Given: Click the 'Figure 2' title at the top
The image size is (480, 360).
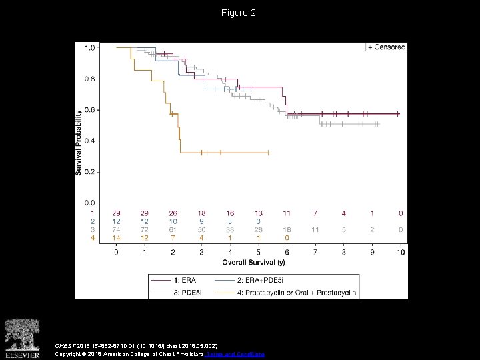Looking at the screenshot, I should tap(239, 13).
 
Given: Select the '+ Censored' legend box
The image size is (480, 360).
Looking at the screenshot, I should tap(386, 47).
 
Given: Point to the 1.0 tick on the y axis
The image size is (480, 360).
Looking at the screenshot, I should tap(89, 47).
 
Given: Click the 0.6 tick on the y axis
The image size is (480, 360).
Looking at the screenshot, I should tap(89, 109).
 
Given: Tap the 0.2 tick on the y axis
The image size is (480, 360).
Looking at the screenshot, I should tap(89, 171).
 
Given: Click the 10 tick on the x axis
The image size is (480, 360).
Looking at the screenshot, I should tap(400, 253).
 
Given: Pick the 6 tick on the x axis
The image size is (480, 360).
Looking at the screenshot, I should tap(287, 253).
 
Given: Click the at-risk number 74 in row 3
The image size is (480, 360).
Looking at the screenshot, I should tap(116, 229).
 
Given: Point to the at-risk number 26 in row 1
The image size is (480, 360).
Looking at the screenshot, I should tap(173, 213).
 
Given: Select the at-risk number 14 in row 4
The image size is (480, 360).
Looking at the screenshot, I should tap(116, 237).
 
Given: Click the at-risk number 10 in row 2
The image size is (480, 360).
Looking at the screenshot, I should tap(173, 221).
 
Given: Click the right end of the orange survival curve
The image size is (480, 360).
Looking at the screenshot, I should tap(269, 153).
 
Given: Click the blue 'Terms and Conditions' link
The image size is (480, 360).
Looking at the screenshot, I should tap(241, 354).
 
